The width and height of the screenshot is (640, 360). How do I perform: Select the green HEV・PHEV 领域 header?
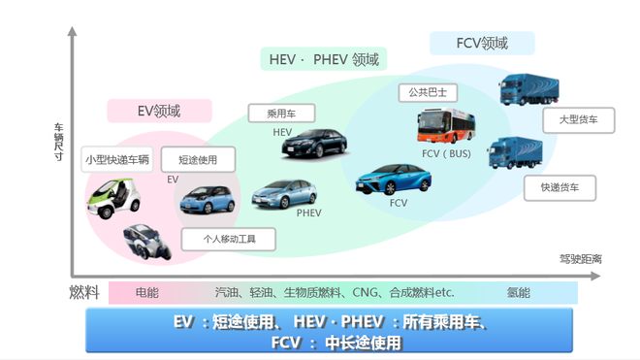point(325,59)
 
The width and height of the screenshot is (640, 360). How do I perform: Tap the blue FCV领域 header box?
point(482,43)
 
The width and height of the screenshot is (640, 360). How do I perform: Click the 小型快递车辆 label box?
point(117,159)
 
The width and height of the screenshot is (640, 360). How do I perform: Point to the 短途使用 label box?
point(198,159)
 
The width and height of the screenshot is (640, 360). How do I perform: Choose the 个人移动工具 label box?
point(225,238)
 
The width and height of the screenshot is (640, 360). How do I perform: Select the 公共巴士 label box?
point(427,93)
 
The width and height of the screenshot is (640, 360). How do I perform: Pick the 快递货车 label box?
point(560,187)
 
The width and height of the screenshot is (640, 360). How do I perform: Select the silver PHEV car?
point(284,194)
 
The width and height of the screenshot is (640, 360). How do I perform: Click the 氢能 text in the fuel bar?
point(518,292)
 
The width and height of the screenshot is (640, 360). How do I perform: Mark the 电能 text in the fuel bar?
point(147,292)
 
